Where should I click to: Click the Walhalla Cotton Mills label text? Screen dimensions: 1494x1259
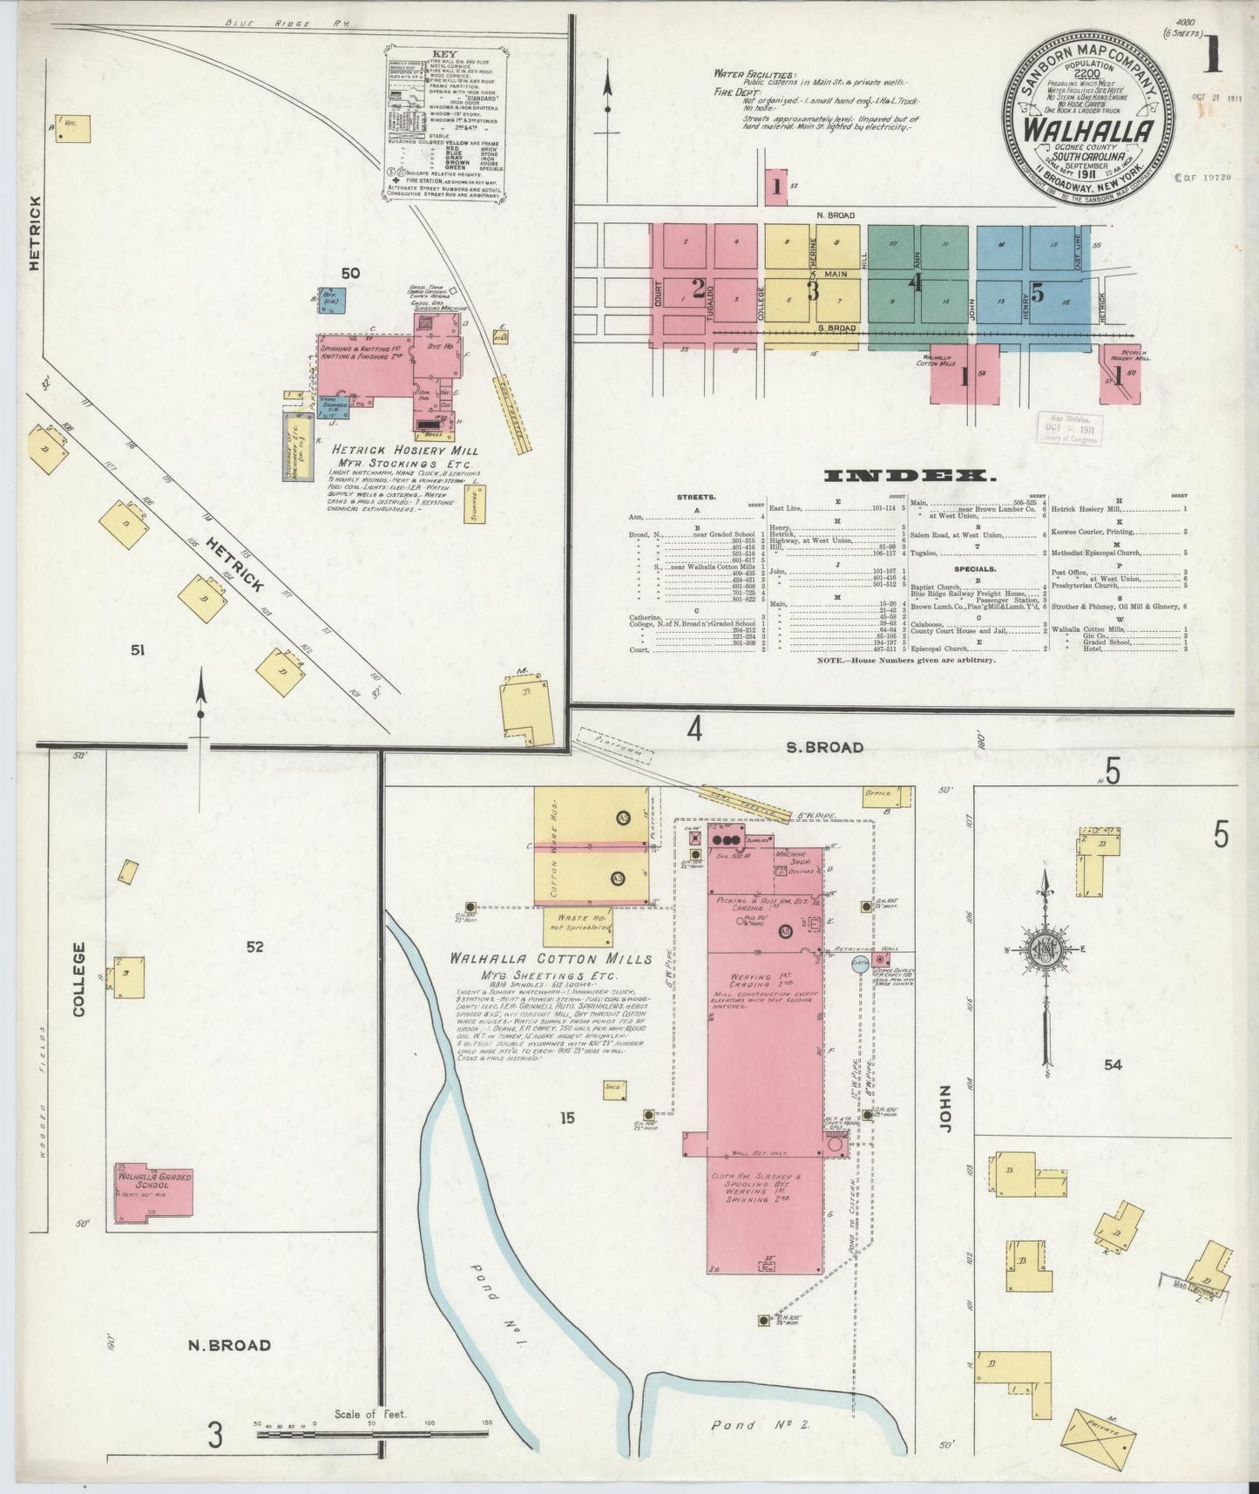pyautogui.click(x=551, y=959)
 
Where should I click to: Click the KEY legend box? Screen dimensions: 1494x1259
pyautogui.click(x=444, y=126)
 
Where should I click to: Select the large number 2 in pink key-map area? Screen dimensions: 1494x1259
pyautogui.click(x=698, y=289)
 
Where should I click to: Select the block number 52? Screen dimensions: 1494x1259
pyautogui.click(x=254, y=947)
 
